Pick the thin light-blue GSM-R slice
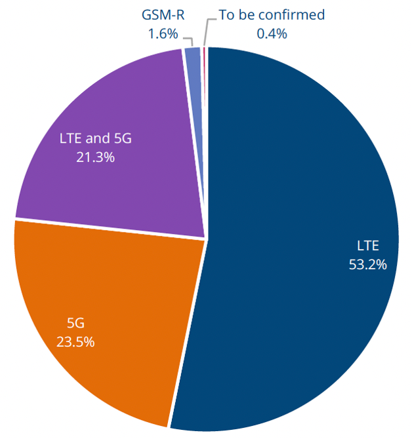click(x=193, y=79)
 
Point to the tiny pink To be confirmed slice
click(x=204, y=79)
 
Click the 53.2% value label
click(x=368, y=265)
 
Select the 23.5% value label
click(x=76, y=341)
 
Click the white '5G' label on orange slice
click(x=76, y=322)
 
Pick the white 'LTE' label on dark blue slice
click(x=368, y=246)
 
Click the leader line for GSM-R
click(x=190, y=36)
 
